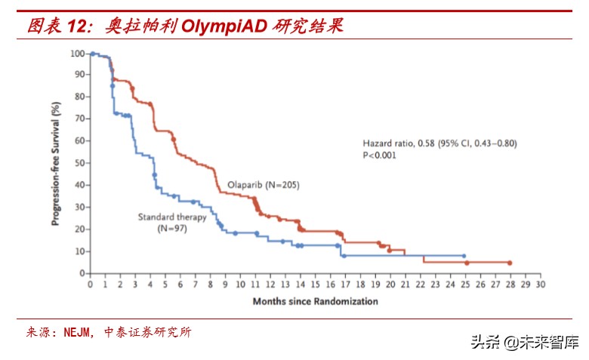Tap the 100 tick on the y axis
[77, 54]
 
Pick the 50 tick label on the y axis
[79, 163]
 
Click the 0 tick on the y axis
[82, 273]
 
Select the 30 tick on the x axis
[539, 285]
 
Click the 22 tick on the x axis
[419, 285]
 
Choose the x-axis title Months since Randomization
[315, 301]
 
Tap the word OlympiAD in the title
[224, 26]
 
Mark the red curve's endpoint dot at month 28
[510, 263]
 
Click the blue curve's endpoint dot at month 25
[464, 256]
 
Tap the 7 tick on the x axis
[195, 285]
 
